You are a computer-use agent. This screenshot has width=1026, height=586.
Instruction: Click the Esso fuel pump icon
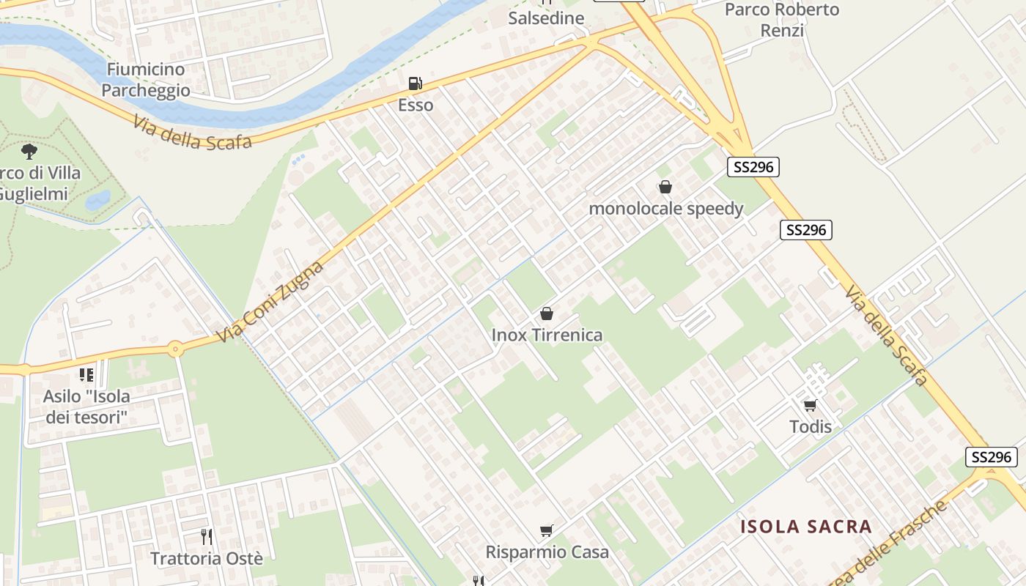(415, 84)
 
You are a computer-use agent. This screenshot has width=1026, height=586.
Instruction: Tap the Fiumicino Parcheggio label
(146, 80)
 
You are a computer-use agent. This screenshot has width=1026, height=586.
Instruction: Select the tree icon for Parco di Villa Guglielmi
(29, 152)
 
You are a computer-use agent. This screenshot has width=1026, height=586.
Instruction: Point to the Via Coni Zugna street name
(271, 302)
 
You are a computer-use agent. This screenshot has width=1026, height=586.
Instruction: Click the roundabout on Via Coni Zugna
(175, 349)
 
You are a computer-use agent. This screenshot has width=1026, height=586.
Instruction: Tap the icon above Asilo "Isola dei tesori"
(86, 375)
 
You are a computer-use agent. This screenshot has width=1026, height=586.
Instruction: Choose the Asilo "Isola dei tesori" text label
(86, 407)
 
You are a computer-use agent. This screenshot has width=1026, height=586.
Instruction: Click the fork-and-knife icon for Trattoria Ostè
(207, 537)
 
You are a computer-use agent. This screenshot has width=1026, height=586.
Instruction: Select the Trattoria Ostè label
(207, 558)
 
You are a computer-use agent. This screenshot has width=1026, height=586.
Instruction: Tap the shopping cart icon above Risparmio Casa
(546, 530)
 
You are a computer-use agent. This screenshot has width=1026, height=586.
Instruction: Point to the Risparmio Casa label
(547, 552)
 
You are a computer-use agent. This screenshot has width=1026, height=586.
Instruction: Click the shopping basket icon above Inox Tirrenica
(546, 314)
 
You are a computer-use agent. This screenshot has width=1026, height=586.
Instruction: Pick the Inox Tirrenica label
(547, 335)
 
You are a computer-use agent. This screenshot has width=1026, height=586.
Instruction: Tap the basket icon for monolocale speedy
(665, 187)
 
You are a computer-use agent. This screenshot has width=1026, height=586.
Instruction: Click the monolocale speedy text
(666, 209)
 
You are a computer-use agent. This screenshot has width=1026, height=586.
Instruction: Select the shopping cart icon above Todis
(810, 405)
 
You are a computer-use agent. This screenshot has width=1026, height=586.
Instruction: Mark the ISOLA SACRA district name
(806, 526)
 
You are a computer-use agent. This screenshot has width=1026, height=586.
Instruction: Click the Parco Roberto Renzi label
(782, 20)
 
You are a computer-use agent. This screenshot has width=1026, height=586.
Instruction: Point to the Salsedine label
(546, 18)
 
